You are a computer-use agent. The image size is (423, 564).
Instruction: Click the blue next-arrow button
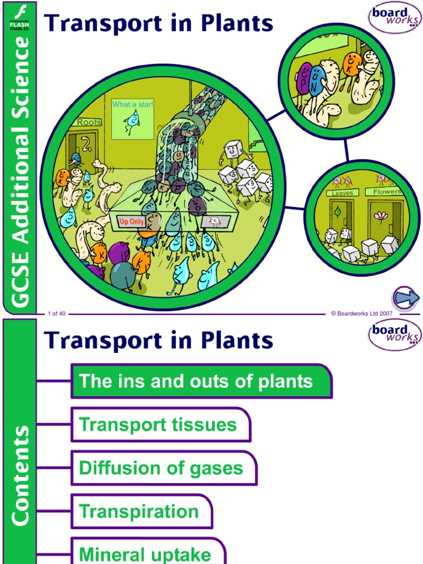click(x=406, y=299)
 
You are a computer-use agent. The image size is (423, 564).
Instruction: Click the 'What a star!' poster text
click(x=133, y=104)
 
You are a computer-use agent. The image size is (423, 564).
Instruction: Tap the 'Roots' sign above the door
click(x=89, y=122)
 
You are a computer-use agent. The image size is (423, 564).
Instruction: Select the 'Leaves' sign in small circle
click(x=342, y=193)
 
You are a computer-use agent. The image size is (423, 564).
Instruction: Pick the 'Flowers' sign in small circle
click(x=387, y=192)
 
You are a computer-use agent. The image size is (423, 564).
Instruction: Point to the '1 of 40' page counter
click(x=57, y=313)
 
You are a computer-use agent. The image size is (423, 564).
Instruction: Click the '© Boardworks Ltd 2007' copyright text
click(x=361, y=313)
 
